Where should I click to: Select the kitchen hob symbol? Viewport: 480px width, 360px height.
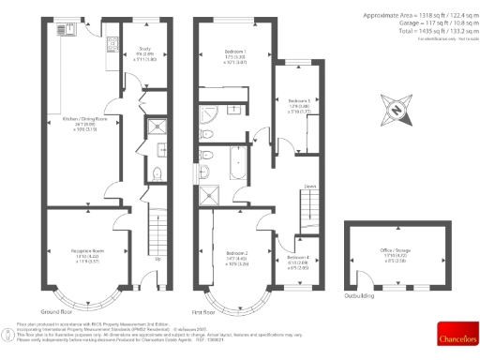[112, 41]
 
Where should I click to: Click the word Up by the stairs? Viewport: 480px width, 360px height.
[157, 260]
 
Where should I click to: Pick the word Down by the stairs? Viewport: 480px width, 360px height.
[308, 187]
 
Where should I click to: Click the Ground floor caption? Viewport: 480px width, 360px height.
[57, 311]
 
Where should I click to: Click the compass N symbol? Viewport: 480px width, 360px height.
[397, 111]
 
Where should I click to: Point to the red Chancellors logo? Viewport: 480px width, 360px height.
[457, 332]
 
